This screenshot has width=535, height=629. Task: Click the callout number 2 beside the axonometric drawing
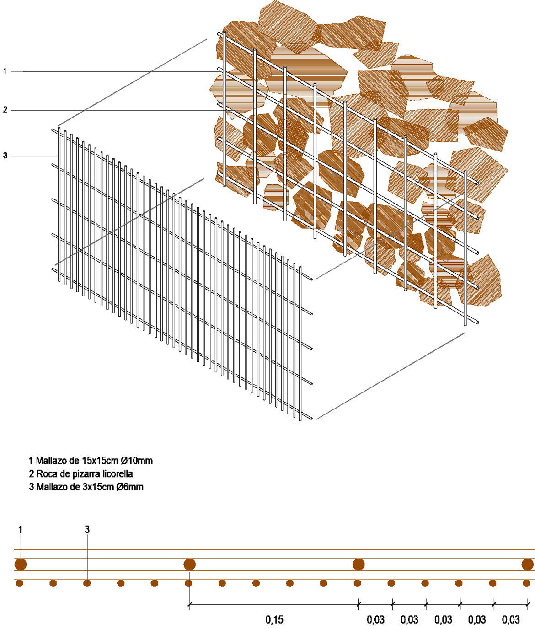pyautogui.click(x=5, y=109)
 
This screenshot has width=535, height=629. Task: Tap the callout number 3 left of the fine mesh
pyautogui.click(x=5, y=156)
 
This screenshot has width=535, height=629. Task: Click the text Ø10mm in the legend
pyautogui.click(x=137, y=461)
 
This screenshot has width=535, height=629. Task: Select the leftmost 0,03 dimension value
pyautogui.click(x=375, y=619)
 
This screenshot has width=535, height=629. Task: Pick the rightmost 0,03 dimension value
pyautogui.click(x=511, y=619)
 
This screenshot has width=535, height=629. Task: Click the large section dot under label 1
pyautogui.click(x=21, y=564)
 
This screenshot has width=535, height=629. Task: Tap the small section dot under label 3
pyautogui.click(x=87, y=583)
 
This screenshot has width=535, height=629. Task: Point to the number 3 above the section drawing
pyautogui.click(x=87, y=530)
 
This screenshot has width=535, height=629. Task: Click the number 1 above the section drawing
pyautogui.click(x=21, y=530)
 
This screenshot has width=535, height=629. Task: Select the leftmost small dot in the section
pyautogui.click(x=20, y=583)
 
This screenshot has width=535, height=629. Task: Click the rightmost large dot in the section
pyautogui.click(x=528, y=564)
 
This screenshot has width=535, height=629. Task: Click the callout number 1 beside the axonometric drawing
pyautogui.click(x=5, y=71)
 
